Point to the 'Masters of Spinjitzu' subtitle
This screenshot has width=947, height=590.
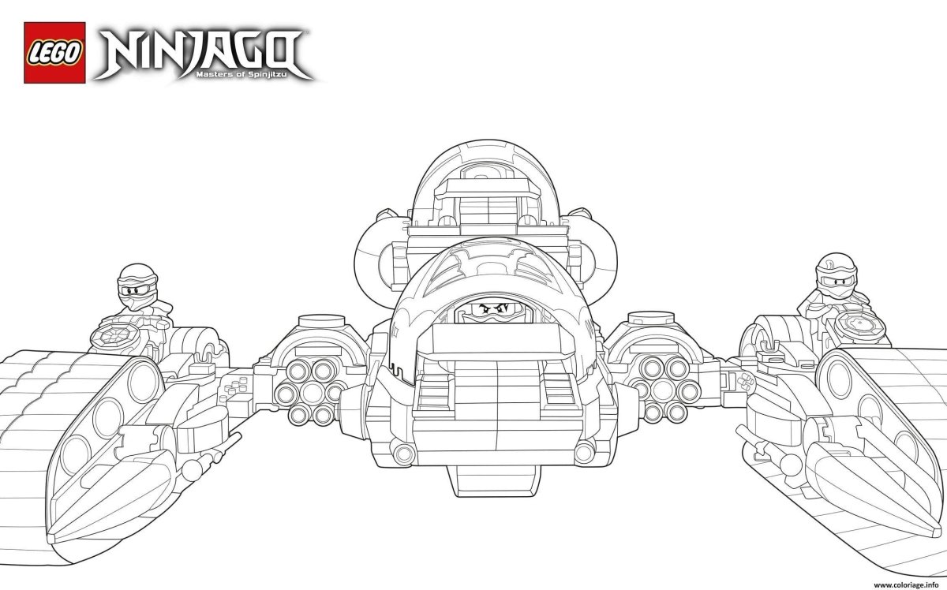click(253, 75)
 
